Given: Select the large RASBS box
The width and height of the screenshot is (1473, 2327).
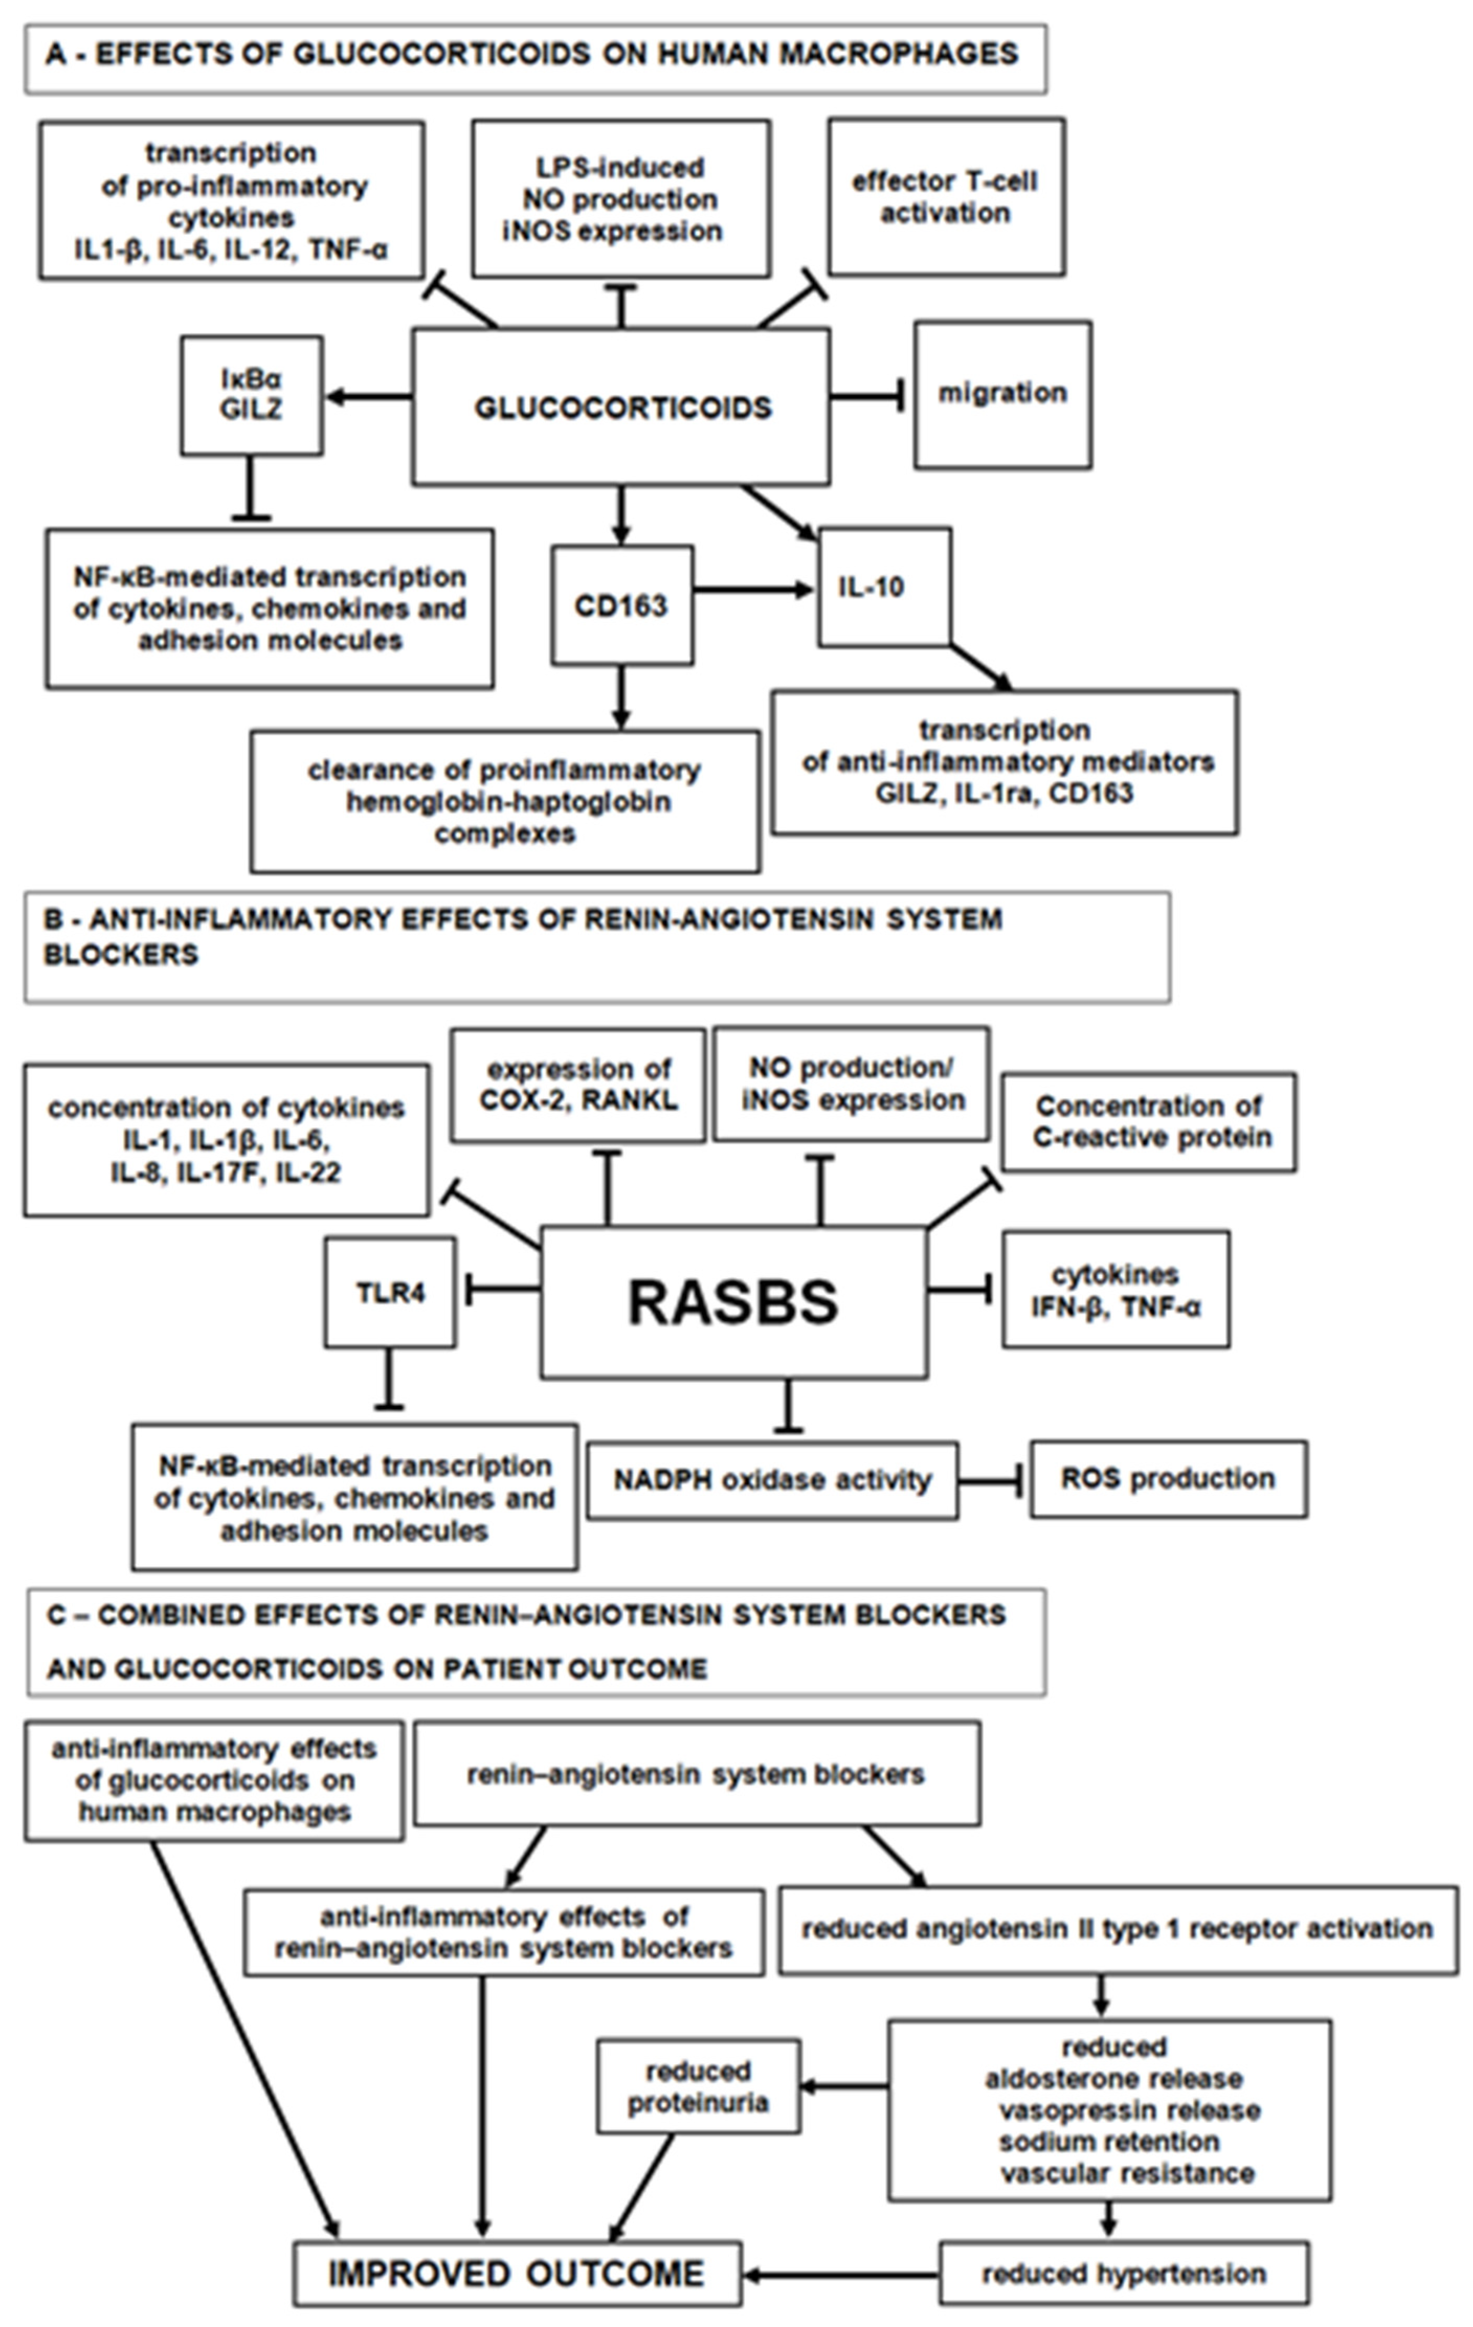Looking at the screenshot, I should click(x=733, y=1301).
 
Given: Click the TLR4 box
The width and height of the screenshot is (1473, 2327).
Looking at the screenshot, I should click(x=390, y=1292).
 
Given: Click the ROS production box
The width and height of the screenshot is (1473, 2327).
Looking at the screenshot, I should click(x=1168, y=1479).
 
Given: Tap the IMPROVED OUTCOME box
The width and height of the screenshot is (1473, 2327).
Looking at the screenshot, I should click(x=517, y=2274).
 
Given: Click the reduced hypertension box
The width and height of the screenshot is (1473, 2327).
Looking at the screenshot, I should click(x=1123, y=2274).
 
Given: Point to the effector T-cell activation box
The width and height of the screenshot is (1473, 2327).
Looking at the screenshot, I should click(x=946, y=197).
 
